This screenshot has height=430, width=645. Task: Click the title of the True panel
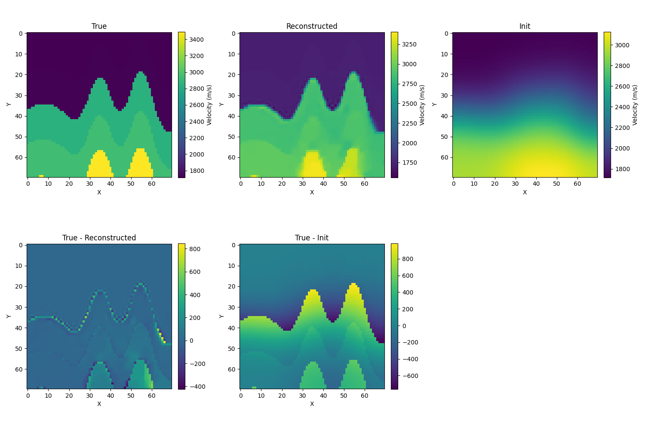(99, 26)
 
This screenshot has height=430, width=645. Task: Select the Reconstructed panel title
(312, 26)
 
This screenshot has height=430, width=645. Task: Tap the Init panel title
(525, 26)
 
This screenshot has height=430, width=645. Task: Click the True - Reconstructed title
(99, 238)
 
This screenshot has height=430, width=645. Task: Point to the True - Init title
(312, 238)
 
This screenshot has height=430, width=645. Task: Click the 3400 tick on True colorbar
(196, 40)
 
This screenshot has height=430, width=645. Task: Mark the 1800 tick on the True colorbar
(196, 171)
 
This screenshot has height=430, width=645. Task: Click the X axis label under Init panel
(525, 192)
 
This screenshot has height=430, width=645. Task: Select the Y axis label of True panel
(9, 104)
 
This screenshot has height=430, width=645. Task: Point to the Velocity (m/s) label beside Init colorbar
(635, 105)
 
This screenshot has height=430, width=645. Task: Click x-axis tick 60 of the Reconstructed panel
(364, 184)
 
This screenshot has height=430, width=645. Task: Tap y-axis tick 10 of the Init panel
(446, 54)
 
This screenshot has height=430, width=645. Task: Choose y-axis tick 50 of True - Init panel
(233, 349)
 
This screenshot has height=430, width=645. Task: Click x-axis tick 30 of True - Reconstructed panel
(89, 395)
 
